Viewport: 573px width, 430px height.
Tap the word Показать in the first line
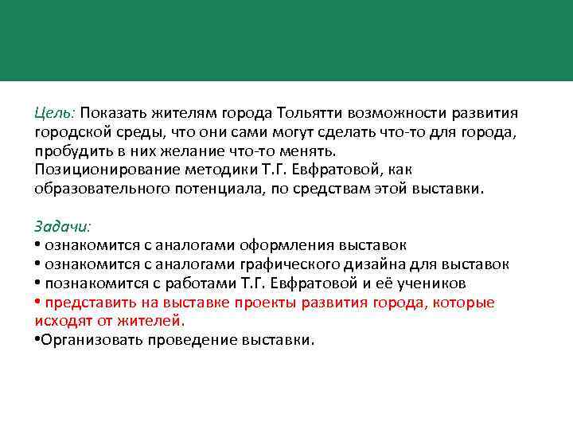click(112, 113)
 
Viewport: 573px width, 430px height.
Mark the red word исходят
click(64, 321)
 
